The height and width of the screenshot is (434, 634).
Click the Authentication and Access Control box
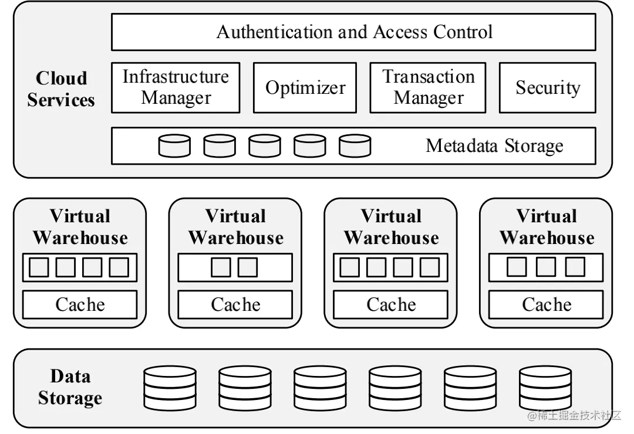pyautogui.click(x=353, y=32)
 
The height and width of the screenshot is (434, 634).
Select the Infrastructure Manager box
pyautogui.click(x=176, y=87)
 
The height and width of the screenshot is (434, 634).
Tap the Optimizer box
pyautogui.click(x=305, y=87)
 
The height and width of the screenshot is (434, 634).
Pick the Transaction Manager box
pyautogui.click(x=428, y=87)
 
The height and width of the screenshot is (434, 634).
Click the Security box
pyautogui.click(x=548, y=87)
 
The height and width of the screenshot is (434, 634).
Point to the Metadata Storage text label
pyautogui.click(x=494, y=146)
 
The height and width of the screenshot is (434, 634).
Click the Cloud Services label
pyautogui.click(x=61, y=89)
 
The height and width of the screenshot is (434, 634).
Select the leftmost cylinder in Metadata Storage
pyautogui.click(x=174, y=146)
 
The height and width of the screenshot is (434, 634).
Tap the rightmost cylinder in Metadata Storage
pyautogui.click(x=355, y=146)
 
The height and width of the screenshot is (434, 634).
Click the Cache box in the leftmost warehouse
pyautogui.click(x=80, y=304)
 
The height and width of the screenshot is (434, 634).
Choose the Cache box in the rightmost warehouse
pyautogui.click(x=546, y=304)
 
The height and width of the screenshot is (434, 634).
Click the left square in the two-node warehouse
pyautogui.click(x=221, y=267)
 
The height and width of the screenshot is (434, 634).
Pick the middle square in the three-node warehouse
pyautogui.click(x=546, y=267)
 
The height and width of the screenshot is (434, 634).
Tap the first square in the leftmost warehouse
pyautogui.click(x=39, y=267)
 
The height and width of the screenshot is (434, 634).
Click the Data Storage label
pyautogui.click(x=70, y=386)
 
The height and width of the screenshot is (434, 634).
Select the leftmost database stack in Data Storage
pyautogui.click(x=170, y=388)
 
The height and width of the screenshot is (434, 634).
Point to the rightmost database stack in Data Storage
pyautogui.click(x=545, y=388)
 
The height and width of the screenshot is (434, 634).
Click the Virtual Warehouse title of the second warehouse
pyautogui.click(x=236, y=227)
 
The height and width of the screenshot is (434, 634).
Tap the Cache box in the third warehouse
pyautogui.click(x=390, y=304)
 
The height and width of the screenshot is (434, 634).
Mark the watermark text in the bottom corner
pyautogui.click(x=574, y=415)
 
